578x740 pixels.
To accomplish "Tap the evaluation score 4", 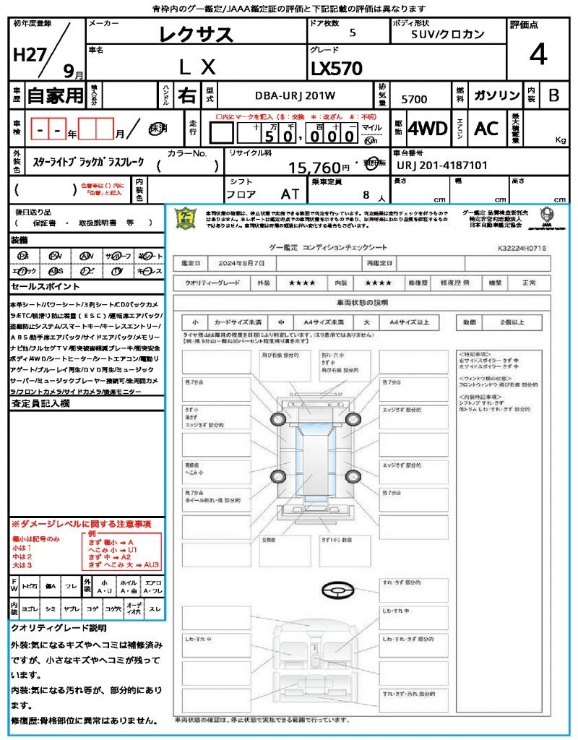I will pyautogui.click(x=537, y=54).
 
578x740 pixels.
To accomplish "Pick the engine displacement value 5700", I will pyautogui.click(x=413, y=99).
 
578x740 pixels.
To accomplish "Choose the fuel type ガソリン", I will pyautogui.click(x=496, y=95).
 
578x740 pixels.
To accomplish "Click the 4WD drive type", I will pyautogui.click(x=427, y=129).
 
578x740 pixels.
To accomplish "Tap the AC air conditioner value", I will pyautogui.click(x=486, y=129).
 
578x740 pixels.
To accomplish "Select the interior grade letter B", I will pyautogui.click(x=553, y=95).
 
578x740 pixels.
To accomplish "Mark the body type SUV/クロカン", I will pyautogui.click(x=448, y=34).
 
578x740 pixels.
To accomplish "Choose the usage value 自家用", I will pyautogui.click(x=55, y=95).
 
